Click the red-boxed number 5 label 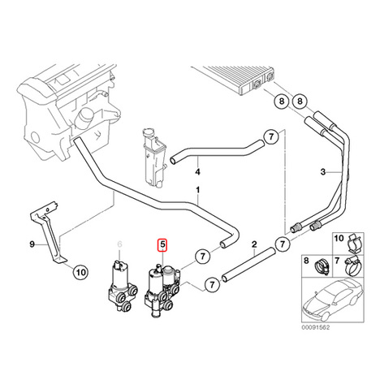click(162, 244)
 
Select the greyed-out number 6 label click(119, 244)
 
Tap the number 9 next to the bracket click(32, 244)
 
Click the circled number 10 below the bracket click(81, 272)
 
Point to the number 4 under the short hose click(198, 172)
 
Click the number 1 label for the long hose click(198, 190)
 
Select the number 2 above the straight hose click(254, 244)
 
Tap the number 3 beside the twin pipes click(323, 171)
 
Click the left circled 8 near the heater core click(282, 101)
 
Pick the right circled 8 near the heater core click(300, 101)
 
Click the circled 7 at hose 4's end click(271, 137)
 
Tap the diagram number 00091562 click(316, 327)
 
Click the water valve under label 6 click(122, 287)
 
